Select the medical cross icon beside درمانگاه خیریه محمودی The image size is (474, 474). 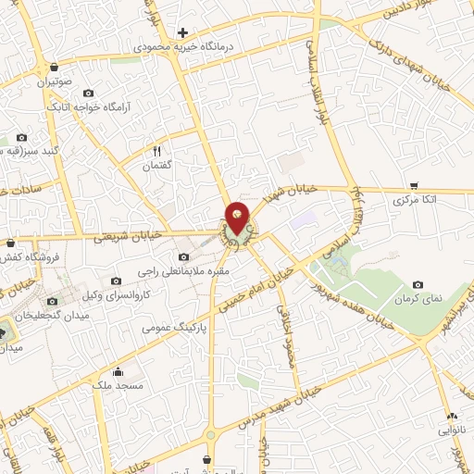point(182,32)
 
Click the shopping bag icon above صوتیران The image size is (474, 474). point(56,68)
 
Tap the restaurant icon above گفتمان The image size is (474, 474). point(157,151)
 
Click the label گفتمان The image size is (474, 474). point(157,166)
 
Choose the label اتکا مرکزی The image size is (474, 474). point(414,200)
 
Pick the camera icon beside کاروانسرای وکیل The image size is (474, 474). point(116,281)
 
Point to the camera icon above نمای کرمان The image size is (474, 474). point(418,283)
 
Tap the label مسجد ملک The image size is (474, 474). point(117,382)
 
